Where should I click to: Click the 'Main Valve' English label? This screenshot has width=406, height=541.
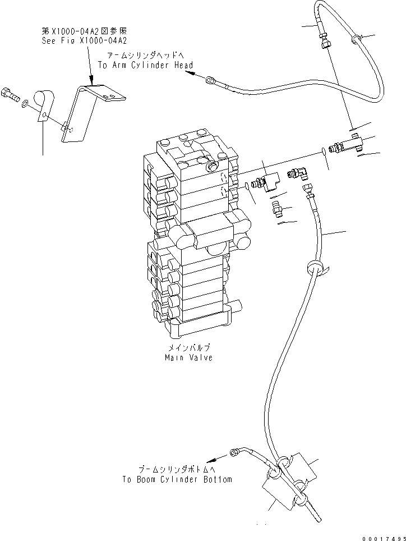click(188, 357)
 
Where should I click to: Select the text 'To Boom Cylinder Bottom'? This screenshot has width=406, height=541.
click(177, 479)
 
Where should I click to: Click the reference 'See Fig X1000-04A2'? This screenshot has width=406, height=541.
click(85, 41)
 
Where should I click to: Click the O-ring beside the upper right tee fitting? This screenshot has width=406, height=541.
click(326, 150)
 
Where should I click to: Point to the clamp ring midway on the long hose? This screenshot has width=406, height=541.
click(314, 267)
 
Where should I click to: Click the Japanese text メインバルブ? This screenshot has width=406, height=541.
click(188, 349)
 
